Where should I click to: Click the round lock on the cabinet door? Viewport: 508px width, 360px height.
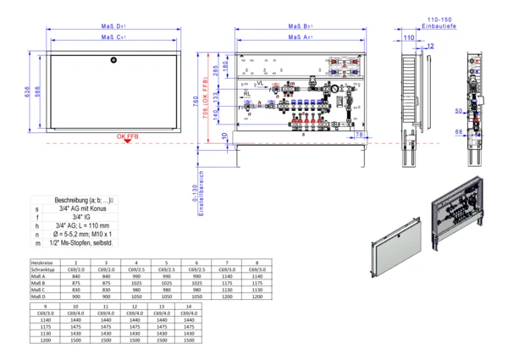(x=114, y=59)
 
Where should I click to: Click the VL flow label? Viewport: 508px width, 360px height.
(x=259, y=83)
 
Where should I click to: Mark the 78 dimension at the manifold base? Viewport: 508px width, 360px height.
(x=359, y=135)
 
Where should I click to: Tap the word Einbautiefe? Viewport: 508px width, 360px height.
(x=439, y=28)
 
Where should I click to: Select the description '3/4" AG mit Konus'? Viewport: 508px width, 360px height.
(x=81, y=208)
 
